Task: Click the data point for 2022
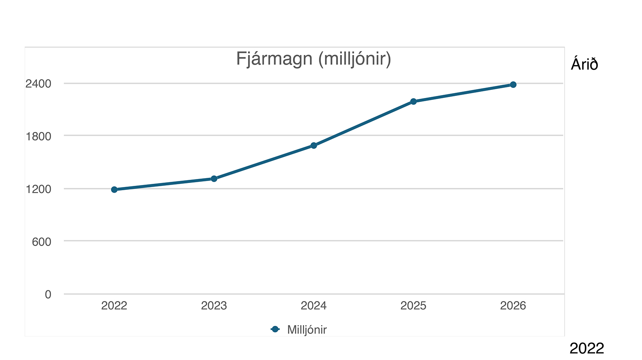(x=114, y=189)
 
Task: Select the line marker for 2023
(x=214, y=179)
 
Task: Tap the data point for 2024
(x=314, y=145)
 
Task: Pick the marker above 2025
(x=413, y=102)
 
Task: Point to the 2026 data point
(x=513, y=85)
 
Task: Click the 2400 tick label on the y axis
(x=39, y=84)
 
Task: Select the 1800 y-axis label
(x=39, y=136)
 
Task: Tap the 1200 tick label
(x=39, y=189)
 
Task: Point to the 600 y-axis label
(x=42, y=242)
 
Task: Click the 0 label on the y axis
(x=48, y=295)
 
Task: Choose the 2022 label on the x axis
(x=114, y=306)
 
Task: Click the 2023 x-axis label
(x=214, y=306)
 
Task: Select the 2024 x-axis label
(x=314, y=306)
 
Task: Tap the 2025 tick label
(x=413, y=306)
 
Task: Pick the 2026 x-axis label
(x=513, y=306)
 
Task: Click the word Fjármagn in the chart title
(x=274, y=59)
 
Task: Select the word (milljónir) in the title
(x=354, y=59)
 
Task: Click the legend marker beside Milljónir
(x=275, y=329)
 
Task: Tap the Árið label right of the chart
(x=584, y=64)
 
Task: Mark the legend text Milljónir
(x=307, y=330)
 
